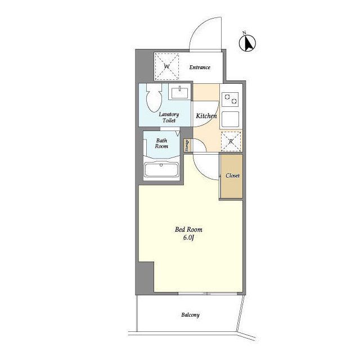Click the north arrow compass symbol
247,43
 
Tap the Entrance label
200,67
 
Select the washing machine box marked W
166,66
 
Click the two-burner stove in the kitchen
231,99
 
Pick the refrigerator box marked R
231,141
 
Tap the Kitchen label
206,116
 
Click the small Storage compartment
187,146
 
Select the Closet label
232,175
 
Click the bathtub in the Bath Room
161,170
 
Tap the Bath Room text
161,143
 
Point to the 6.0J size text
188,237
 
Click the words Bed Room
189,229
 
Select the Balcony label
190,315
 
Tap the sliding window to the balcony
208,294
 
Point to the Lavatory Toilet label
169,118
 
